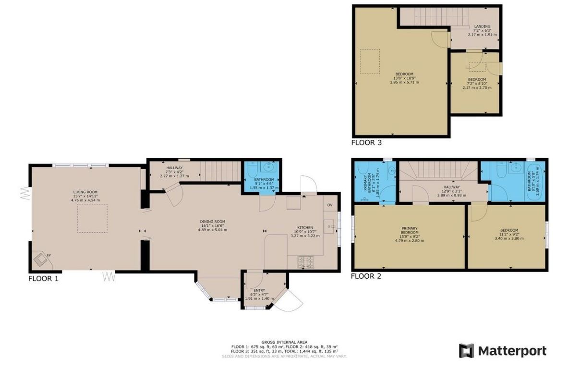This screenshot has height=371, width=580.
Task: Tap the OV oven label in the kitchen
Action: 329,205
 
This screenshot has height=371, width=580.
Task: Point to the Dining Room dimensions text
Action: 212,230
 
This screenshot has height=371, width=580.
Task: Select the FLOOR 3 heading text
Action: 366,142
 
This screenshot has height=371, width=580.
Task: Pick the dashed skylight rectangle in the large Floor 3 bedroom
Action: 370,61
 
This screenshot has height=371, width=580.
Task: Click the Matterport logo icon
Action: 466,351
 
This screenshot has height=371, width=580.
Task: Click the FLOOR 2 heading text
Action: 366,276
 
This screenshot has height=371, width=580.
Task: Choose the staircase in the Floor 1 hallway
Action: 220,171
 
